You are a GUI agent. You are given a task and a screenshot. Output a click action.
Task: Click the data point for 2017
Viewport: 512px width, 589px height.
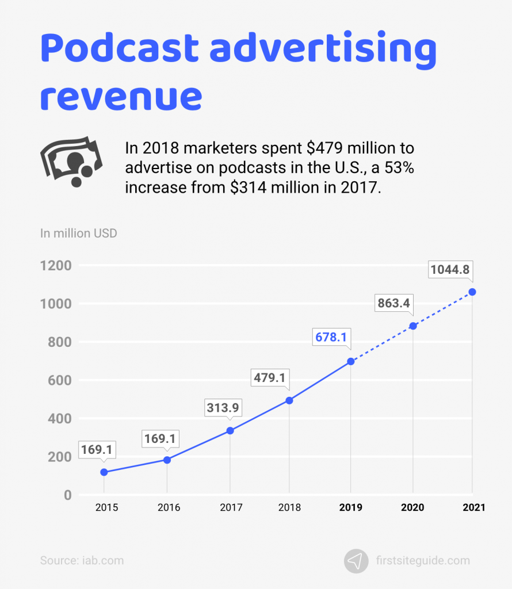point(230,430)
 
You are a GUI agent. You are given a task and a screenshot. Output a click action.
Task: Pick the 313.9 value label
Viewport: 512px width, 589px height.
point(224,407)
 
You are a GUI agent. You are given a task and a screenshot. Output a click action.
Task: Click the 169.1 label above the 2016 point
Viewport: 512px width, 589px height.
point(161,439)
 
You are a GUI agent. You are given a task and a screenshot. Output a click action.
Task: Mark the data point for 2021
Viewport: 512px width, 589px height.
point(472,292)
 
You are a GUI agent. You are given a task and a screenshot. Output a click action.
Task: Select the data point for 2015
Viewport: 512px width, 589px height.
point(104,472)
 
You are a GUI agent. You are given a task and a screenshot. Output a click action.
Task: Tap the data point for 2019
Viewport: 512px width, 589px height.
point(351,361)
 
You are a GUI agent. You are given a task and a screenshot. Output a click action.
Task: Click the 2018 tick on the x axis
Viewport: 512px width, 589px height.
point(289,507)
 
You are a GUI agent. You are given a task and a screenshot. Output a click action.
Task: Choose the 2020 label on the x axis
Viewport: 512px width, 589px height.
point(412,507)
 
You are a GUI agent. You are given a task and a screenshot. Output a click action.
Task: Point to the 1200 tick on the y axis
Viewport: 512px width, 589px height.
point(56,266)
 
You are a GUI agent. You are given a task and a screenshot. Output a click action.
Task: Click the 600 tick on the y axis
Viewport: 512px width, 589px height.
point(60,380)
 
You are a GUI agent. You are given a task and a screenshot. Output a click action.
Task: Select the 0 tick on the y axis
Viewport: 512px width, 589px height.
point(68,495)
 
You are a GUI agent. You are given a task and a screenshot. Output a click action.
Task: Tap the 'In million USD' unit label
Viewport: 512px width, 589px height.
point(79,234)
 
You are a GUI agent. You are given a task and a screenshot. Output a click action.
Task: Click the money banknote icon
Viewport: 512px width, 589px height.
point(70,161)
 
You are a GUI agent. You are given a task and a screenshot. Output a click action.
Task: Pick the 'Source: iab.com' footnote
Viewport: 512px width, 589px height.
point(82,560)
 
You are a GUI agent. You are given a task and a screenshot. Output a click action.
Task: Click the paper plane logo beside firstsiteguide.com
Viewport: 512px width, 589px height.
point(356,561)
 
